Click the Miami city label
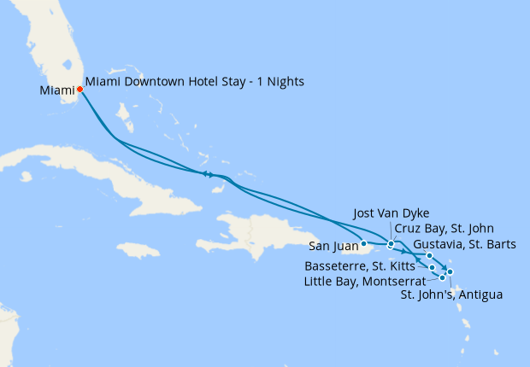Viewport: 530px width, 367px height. coord(56,90)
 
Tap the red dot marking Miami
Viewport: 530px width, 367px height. coord(79,88)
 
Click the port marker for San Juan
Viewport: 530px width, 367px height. coord(363,244)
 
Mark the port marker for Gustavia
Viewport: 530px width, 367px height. coord(429,255)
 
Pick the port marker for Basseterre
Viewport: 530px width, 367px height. coord(433,267)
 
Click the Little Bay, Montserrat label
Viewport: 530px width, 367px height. coord(363,280)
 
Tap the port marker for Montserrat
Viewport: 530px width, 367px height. coord(442,277)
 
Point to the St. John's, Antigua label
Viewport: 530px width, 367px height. coord(450,295)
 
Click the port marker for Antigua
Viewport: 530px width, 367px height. coord(450,272)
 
